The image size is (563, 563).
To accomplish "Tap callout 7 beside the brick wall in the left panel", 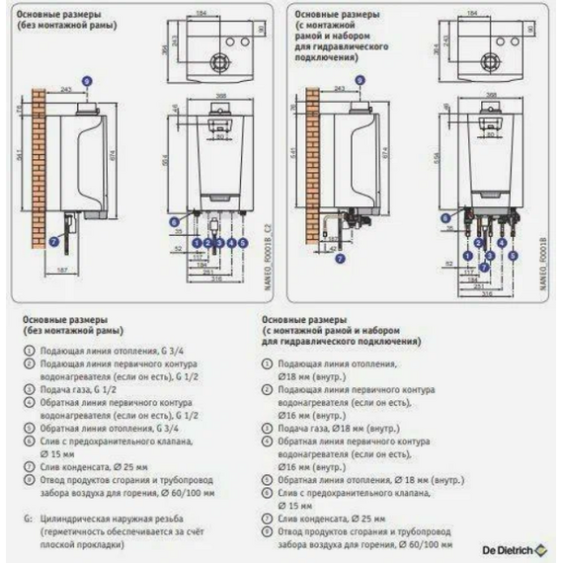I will tap(54, 239).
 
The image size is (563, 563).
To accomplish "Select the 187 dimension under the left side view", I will tap(62, 269).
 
